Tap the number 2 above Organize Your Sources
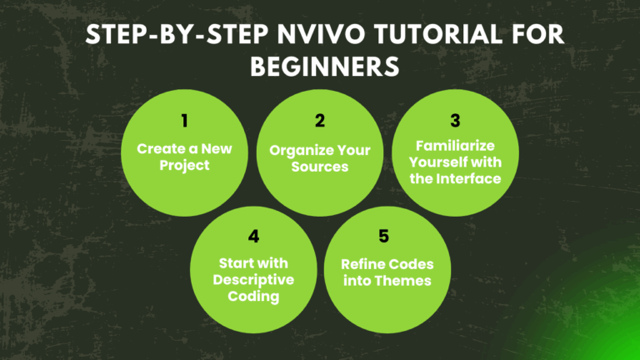click(319, 120)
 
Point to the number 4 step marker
click(253, 236)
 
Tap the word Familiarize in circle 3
click(455, 146)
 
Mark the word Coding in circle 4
click(253, 295)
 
